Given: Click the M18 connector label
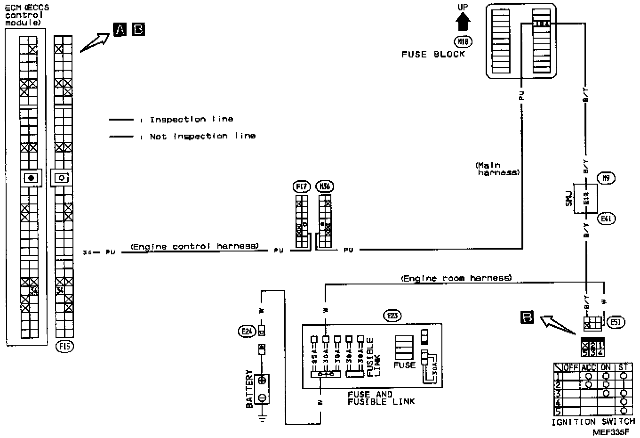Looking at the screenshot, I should coord(463,41).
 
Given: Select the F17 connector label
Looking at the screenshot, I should coord(301,187).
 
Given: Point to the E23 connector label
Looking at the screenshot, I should coord(392,316).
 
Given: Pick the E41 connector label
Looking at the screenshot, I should coord(607,219).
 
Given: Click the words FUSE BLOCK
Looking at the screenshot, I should coord(433,54).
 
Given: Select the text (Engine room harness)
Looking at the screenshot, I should coord(456,278).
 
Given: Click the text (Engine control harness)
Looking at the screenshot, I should coord(194,246).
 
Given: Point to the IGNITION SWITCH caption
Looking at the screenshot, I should coord(593,422).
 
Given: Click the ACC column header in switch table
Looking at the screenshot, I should coord(589,367).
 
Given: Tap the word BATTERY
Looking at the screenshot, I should coord(250,389).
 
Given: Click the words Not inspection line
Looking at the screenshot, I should coord(203,136).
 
